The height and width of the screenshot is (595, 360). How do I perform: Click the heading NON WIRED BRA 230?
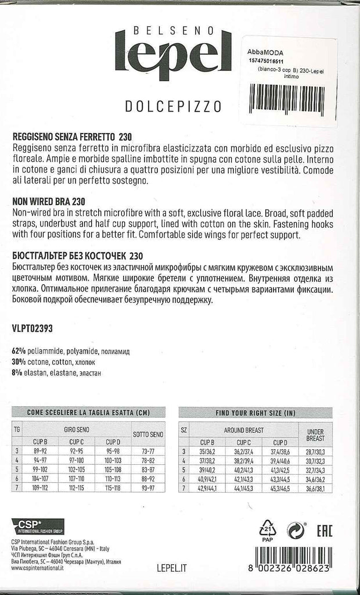click(49, 200)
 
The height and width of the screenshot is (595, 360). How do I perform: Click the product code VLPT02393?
click(32, 328)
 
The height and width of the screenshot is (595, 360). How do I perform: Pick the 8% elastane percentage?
click(17, 373)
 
